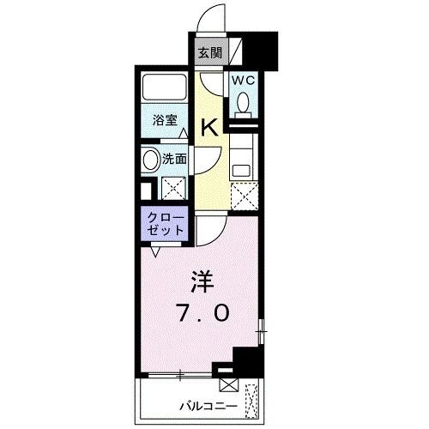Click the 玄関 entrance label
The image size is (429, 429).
[x=210, y=52]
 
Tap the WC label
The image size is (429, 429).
[x=243, y=81]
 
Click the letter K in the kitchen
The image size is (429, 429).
[x=210, y=127]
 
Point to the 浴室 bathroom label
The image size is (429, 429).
[x=165, y=120]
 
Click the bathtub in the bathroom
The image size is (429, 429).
[x=165, y=88]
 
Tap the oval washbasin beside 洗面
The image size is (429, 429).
[x=151, y=160]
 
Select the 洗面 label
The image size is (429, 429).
[x=174, y=159]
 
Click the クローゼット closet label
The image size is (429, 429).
[x=166, y=224]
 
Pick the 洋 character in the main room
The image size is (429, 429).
[x=202, y=281]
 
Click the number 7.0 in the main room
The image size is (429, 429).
[x=203, y=312]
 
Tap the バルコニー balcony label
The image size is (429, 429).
[x=208, y=406]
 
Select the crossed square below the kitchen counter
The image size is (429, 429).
[x=245, y=196]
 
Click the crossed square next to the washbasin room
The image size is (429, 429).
[x=173, y=188]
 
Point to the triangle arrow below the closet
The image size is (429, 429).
[x=155, y=251]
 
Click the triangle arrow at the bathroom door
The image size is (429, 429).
[x=184, y=133]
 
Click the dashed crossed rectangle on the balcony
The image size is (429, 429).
[x=251, y=401]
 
